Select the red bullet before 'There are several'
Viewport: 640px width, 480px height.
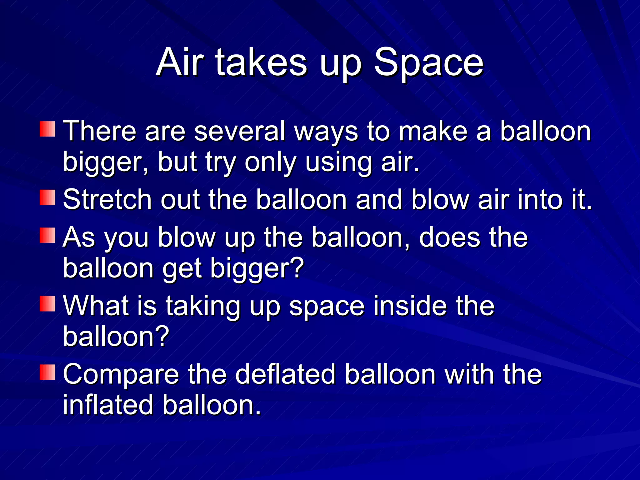pyautogui.click(x=47, y=129)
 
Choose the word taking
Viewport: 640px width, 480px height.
pyautogui.click(x=202, y=306)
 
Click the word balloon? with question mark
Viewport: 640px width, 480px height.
pyautogui.click(x=116, y=337)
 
